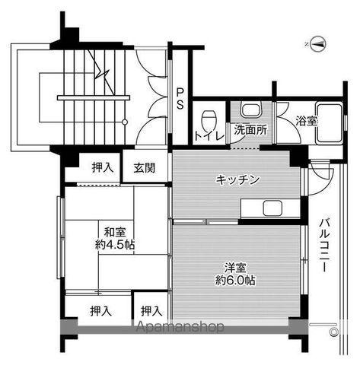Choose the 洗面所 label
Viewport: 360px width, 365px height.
tap(250, 129)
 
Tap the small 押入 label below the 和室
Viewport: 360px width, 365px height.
tap(151, 310)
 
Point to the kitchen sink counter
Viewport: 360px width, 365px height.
tap(269, 208)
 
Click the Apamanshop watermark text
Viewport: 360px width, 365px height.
tap(180, 328)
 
